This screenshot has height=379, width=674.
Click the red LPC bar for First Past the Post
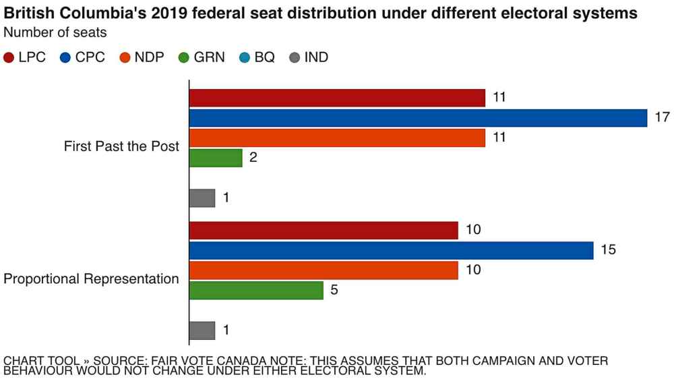point(337,98)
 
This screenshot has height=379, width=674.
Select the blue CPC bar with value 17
point(418,118)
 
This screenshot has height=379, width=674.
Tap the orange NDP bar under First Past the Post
point(337,138)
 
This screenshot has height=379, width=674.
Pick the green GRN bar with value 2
point(216,158)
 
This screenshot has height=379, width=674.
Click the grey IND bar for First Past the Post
point(202,198)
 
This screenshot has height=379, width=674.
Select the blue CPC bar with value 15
point(391,250)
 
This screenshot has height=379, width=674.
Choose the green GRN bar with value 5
point(256,290)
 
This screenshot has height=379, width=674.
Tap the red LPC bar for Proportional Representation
point(324,231)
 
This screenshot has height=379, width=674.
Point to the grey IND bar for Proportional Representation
point(202,330)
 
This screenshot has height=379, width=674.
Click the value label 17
point(662,118)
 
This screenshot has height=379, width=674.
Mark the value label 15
point(608,250)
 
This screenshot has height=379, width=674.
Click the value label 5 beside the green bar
point(334,290)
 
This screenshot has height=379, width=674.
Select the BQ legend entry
point(257,57)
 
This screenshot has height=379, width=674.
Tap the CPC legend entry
point(82,57)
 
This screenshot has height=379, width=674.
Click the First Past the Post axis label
point(121,146)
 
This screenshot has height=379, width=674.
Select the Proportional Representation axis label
point(92,279)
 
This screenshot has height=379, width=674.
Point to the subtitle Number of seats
point(55,32)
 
